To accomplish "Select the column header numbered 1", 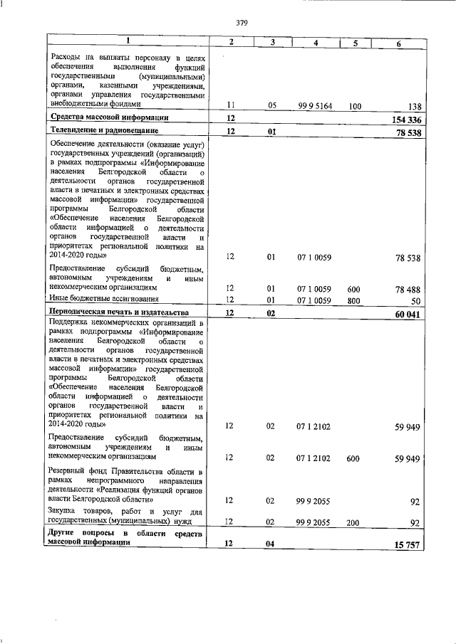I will pos(128,41).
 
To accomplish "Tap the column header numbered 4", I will pos(316,43).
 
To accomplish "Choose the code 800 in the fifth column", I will pos(353,300).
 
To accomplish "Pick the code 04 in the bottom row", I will pos(271,544).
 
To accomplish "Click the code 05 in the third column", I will pos(271,106).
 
